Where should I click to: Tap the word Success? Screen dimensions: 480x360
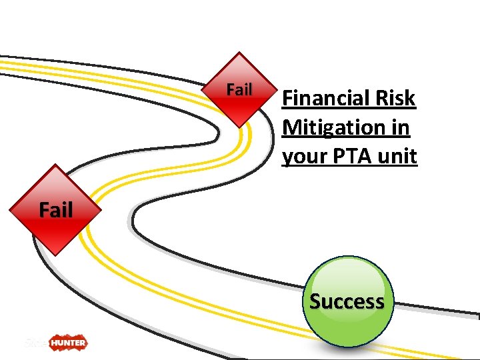(x=347, y=301)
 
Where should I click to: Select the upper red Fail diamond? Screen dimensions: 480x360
(x=239, y=89)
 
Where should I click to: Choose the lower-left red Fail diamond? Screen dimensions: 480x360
(x=55, y=210)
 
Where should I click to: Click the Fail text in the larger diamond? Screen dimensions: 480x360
(x=55, y=210)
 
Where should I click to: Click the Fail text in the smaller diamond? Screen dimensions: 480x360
(x=239, y=89)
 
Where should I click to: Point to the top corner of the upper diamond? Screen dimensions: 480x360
(x=239, y=53)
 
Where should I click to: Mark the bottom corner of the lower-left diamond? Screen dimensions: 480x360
(x=55, y=255)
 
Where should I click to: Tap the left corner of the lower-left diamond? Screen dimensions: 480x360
(x=10, y=210)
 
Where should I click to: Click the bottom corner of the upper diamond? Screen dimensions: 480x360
(x=239, y=126)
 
